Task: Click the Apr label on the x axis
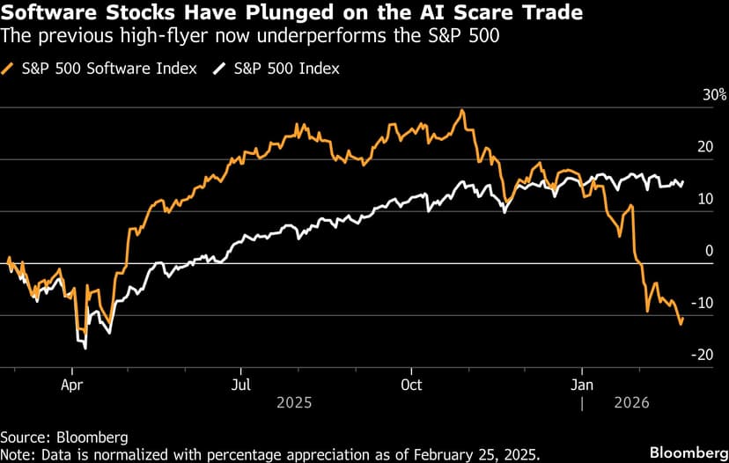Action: [73, 385]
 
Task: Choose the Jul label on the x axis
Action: [241, 385]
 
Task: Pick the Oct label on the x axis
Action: [411, 385]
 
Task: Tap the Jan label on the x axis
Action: [582, 385]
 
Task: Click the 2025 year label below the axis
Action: [294, 402]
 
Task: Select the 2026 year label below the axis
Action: [630, 402]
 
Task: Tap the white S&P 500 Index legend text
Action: [286, 68]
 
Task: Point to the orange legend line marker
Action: [10, 68]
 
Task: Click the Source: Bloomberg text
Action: [64, 437]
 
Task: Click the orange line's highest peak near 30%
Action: [461, 111]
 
